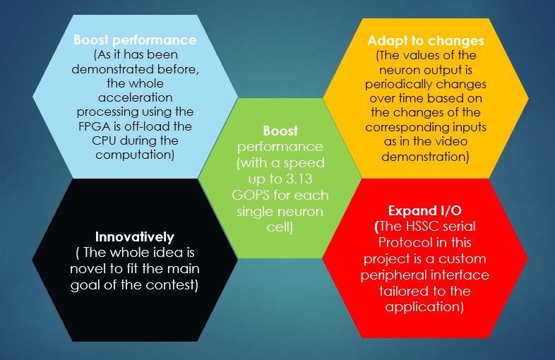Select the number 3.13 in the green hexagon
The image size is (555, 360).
[x=299, y=179]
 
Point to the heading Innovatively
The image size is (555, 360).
[x=135, y=236]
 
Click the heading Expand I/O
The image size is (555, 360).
[x=425, y=210]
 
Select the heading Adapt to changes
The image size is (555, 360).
[x=426, y=41]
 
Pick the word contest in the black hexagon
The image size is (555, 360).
[x=169, y=284]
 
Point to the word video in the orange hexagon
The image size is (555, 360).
[x=450, y=141]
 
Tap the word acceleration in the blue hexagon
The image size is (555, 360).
[x=136, y=97]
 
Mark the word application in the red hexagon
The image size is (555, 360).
[x=423, y=306]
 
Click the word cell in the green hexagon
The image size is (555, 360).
[x=278, y=227]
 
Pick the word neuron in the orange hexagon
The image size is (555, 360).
[x=399, y=70]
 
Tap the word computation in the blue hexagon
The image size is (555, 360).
[x=133, y=155]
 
